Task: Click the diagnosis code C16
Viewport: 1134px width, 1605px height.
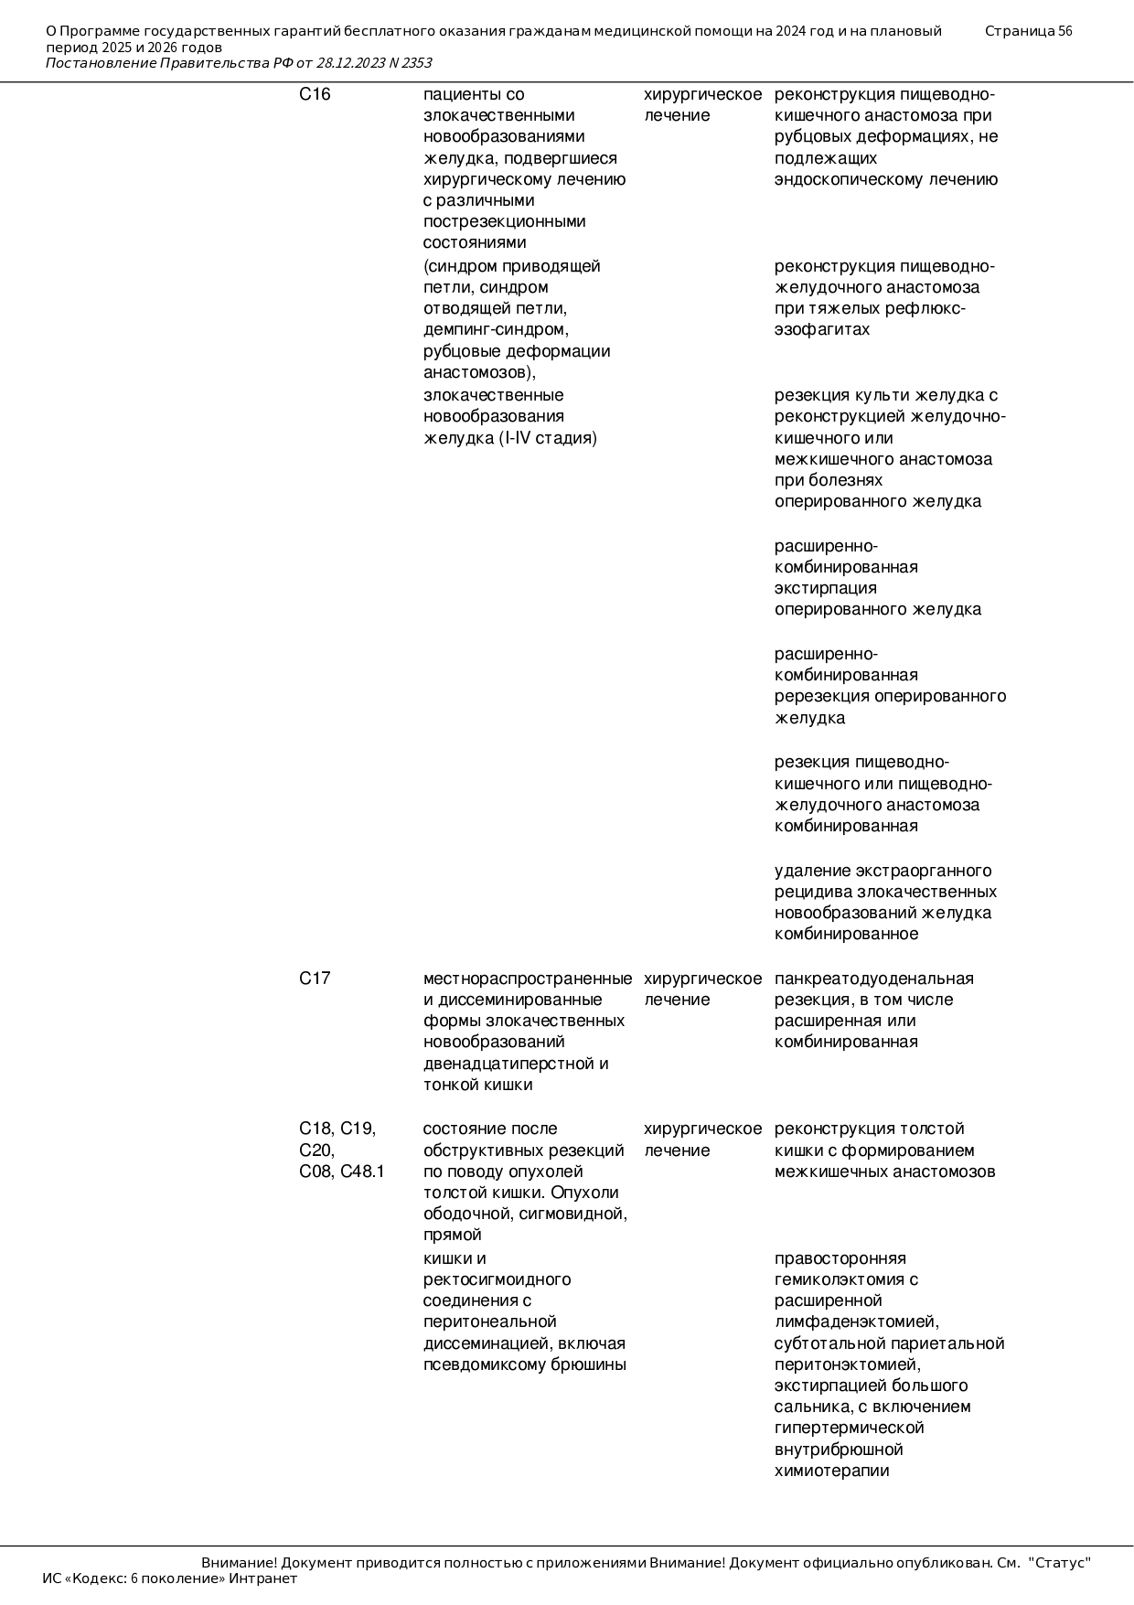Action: coord(315,94)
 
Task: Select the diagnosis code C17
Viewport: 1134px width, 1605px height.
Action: coord(315,979)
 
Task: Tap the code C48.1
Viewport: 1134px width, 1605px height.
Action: coord(363,1172)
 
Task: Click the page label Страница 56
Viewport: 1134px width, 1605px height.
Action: coord(1028,31)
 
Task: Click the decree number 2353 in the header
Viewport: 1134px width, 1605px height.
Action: coord(416,63)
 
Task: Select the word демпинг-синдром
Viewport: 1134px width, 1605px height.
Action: coord(496,329)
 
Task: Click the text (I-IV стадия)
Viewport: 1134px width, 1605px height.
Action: coord(548,438)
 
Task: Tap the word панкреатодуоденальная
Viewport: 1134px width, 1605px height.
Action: coord(873,979)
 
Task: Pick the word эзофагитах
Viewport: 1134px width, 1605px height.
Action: coord(822,329)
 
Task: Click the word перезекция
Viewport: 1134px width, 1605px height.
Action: coord(821,696)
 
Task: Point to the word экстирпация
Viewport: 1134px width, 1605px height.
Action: coord(825,588)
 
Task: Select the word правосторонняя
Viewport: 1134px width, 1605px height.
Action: coord(840,1258)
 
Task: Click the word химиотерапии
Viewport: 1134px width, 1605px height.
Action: coord(831,1471)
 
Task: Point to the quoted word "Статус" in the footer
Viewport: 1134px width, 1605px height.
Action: coord(1059,1562)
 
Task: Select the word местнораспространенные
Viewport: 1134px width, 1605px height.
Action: coord(527,979)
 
